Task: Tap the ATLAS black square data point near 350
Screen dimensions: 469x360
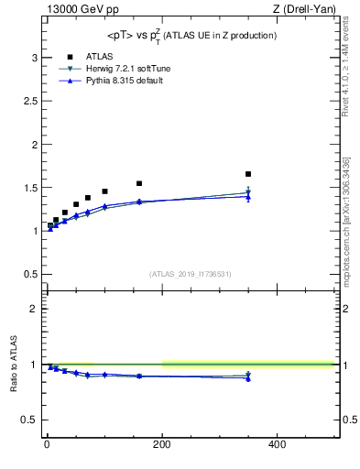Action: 248,174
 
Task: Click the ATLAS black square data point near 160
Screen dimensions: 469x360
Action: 139,183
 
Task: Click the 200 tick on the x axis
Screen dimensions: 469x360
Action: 162,445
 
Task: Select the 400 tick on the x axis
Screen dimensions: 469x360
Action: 277,445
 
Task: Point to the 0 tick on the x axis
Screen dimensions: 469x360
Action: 47,445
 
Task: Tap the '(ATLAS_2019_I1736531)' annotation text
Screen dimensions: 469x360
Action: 191,274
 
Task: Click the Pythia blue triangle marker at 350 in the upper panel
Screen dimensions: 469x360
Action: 248,196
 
